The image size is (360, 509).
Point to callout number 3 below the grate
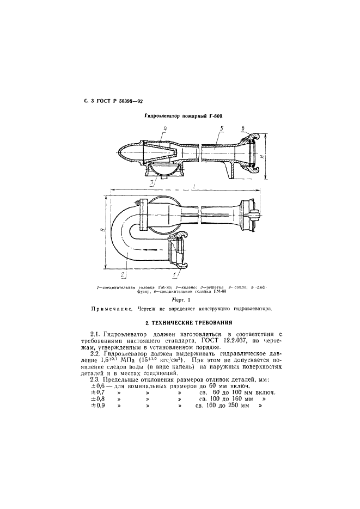pyautogui.click(x=160, y=181)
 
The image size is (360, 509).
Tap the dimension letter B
pyautogui.click(x=103, y=230)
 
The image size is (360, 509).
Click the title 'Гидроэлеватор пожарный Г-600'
pyautogui.click(x=184, y=116)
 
